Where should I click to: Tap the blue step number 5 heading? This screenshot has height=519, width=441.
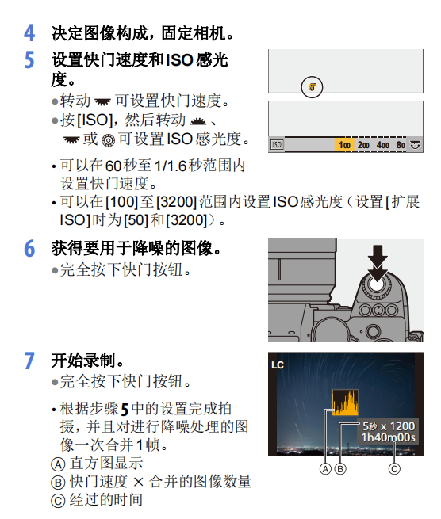point(29,60)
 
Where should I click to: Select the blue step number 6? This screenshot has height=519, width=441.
point(29,249)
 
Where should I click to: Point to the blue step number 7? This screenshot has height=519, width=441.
point(29,361)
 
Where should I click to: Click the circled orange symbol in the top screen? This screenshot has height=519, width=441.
point(313,85)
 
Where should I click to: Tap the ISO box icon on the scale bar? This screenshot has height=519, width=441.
point(277,146)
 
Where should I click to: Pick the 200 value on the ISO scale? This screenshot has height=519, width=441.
point(363,146)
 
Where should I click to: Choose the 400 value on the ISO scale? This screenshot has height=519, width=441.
point(382,146)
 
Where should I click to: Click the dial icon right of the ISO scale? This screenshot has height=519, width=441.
point(414,146)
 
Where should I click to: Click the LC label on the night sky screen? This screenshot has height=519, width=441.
point(278,365)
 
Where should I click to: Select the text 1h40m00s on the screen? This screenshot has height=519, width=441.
point(388,437)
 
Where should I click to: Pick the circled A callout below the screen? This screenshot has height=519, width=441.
point(325,468)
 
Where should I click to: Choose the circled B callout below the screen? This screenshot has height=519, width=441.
point(341,468)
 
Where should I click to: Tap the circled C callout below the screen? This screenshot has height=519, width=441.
point(395,468)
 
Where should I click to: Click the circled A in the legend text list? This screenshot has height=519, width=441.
point(57,464)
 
